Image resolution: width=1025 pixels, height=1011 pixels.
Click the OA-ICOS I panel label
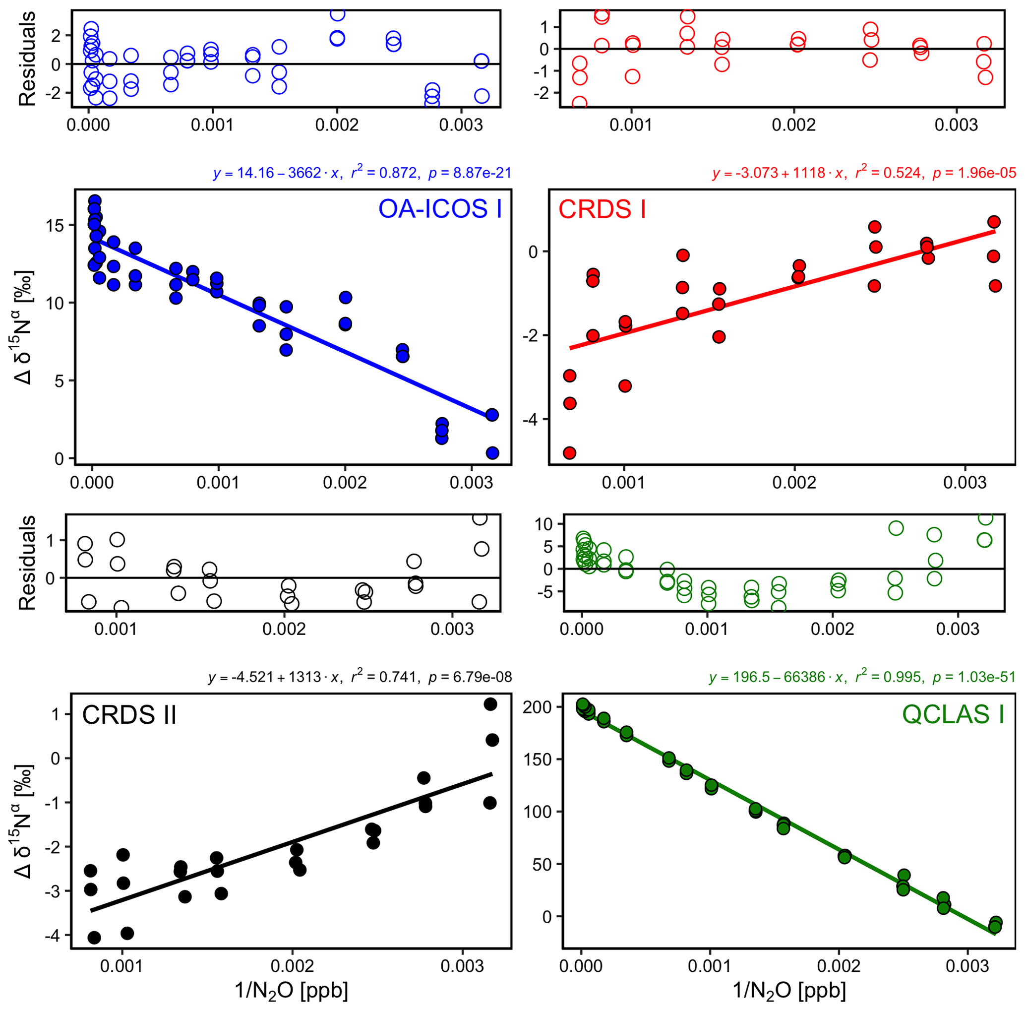click(440, 209)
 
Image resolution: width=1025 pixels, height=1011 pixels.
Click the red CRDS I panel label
click(602, 209)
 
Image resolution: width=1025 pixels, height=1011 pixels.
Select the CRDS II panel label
click(129, 715)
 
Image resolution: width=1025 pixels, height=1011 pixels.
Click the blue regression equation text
click(362, 173)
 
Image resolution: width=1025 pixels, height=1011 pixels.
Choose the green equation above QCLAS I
click(861, 677)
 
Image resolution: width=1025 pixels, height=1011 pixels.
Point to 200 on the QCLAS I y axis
click(542, 707)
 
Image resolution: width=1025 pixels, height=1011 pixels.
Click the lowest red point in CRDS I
click(570, 453)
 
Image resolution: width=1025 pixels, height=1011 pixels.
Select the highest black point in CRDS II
click(490, 704)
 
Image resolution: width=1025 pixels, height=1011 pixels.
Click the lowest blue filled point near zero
click(492, 453)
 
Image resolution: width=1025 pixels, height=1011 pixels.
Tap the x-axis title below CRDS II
click(291, 990)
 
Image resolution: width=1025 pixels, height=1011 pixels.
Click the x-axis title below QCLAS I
click(789, 990)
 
